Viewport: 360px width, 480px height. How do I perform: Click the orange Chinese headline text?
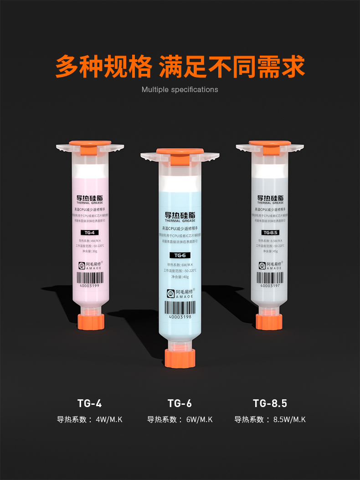(x=180, y=67)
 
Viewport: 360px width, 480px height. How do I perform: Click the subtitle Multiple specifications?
(x=180, y=89)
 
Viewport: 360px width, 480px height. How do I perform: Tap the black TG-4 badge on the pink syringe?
(x=89, y=232)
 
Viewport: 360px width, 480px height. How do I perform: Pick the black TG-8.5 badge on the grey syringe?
(x=270, y=232)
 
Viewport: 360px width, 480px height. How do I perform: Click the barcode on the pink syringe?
(x=89, y=278)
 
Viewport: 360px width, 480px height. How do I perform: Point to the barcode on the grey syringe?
(x=270, y=278)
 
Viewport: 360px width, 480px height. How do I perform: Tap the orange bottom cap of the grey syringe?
(x=269, y=321)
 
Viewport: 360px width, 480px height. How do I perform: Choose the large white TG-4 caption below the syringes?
(x=89, y=403)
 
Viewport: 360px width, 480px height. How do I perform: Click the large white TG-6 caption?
(x=180, y=403)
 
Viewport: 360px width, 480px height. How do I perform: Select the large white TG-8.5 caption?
(x=270, y=403)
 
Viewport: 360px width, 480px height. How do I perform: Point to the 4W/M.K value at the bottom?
(x=109, y=419)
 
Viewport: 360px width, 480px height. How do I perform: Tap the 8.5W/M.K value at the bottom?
(x=289, y=419)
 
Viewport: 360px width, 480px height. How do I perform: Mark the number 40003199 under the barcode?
(x=89, y=287)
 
